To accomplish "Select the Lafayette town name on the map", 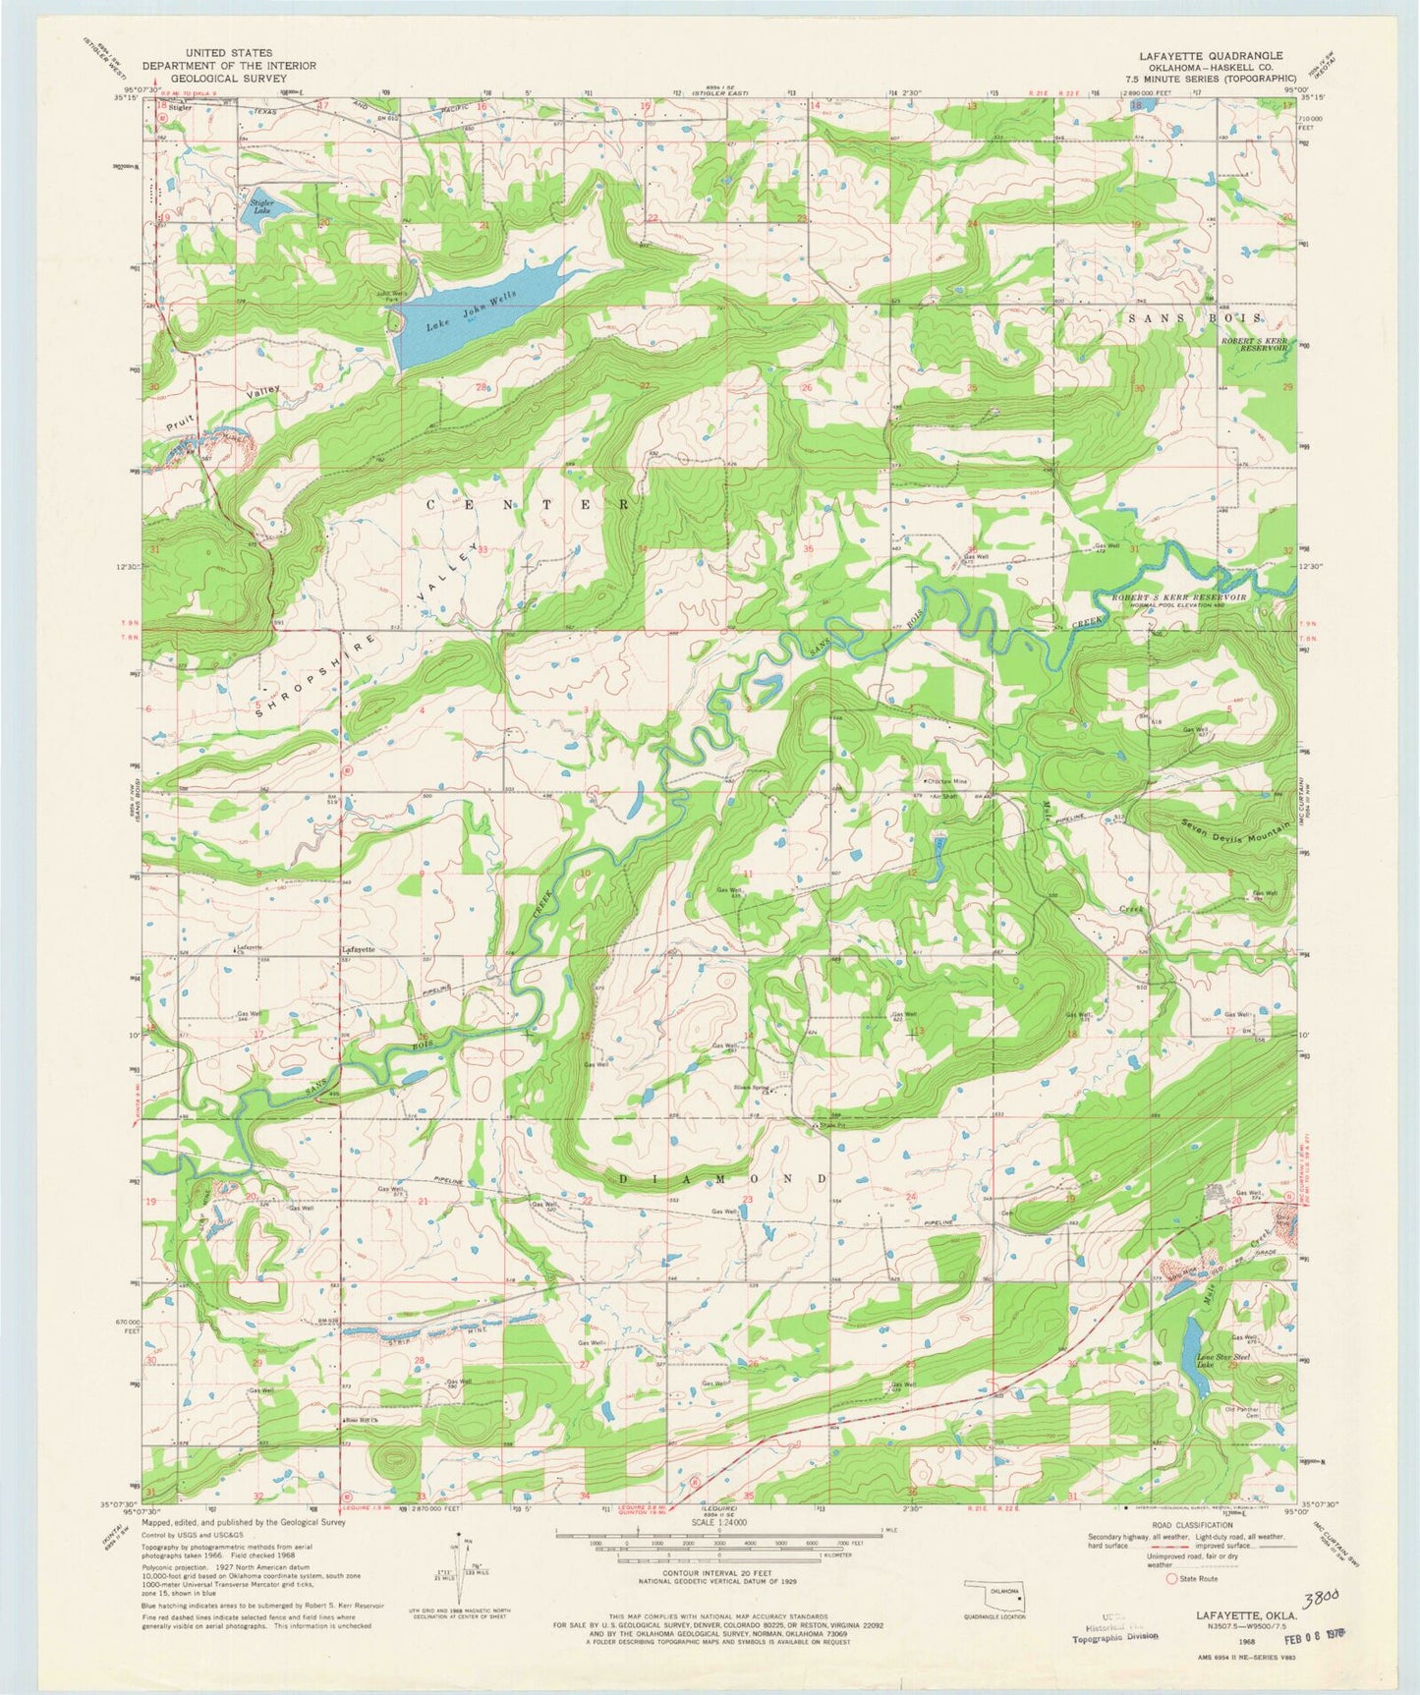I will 359,950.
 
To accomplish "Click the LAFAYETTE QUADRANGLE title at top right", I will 1219,56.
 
